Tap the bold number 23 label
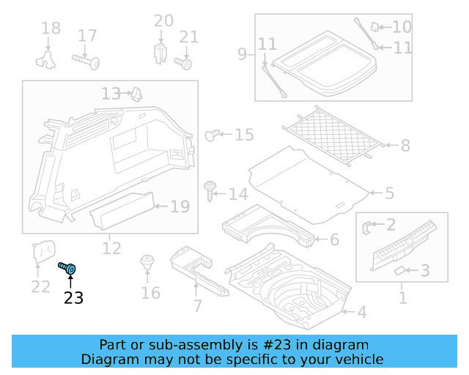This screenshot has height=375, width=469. tap(73, 298)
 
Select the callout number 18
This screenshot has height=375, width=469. tap(51, 29)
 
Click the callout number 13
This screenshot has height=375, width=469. tap(111, 94)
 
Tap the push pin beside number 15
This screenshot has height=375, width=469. tap(213, 135)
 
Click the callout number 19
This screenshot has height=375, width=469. tap(180, 207)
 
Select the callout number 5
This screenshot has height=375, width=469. tap(388, 193)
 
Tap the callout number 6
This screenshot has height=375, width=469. tap(334, 240)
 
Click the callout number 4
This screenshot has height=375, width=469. tap(361, 313)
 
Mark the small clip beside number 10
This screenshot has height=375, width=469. tap(375, 27)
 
